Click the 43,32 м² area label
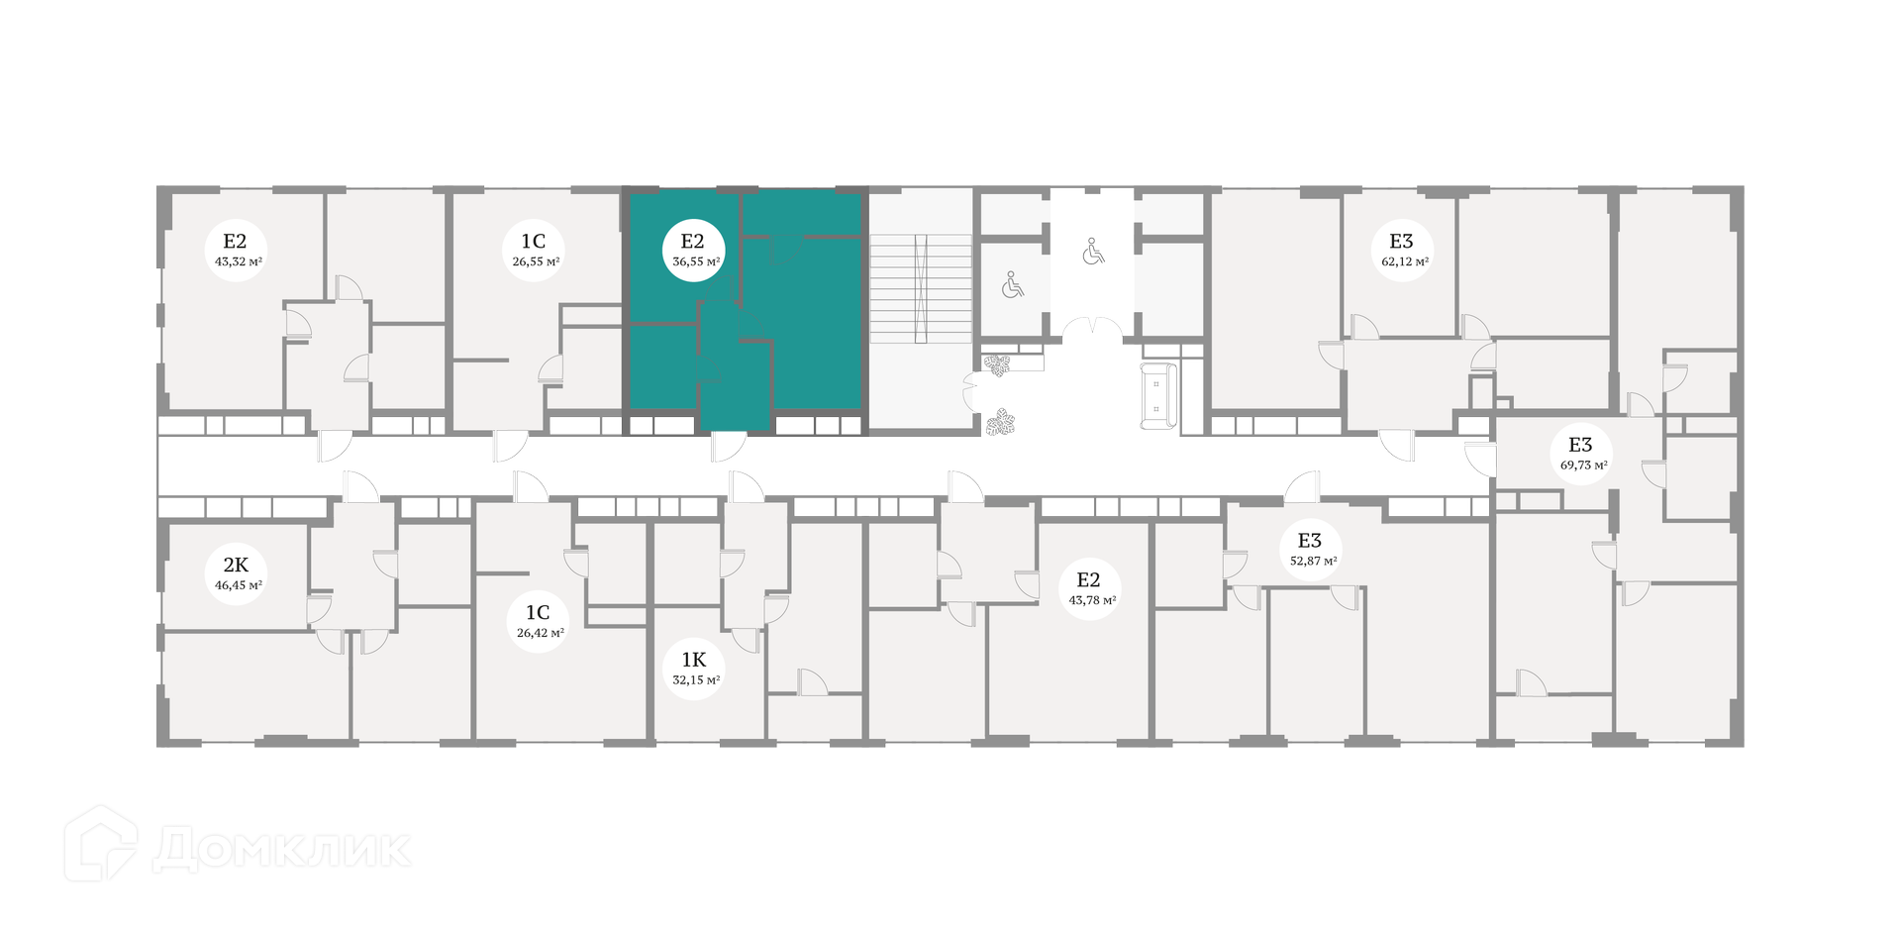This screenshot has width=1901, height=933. (238, 262)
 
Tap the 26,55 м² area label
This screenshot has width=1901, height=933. (536, 262)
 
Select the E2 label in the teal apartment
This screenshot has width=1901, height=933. (692, 241)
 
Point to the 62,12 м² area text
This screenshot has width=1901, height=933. (1405, 262)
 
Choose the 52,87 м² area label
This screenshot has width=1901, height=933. (1313, 561)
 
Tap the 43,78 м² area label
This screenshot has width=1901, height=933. (1092, 600)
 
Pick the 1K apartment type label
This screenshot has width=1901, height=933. (694, 660)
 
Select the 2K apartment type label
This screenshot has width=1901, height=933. (236, 566)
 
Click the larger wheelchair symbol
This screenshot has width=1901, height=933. (1093, 252)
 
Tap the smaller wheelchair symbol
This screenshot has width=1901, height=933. (1012, 286)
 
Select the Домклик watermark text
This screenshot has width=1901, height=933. (281, 849)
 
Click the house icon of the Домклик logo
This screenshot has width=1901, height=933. (101, 843)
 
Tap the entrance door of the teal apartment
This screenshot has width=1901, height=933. (728, 448)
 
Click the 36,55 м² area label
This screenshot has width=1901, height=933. (695, 262)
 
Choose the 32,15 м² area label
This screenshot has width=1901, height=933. (695, 680)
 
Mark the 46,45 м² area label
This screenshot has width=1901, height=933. (238, 585)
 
